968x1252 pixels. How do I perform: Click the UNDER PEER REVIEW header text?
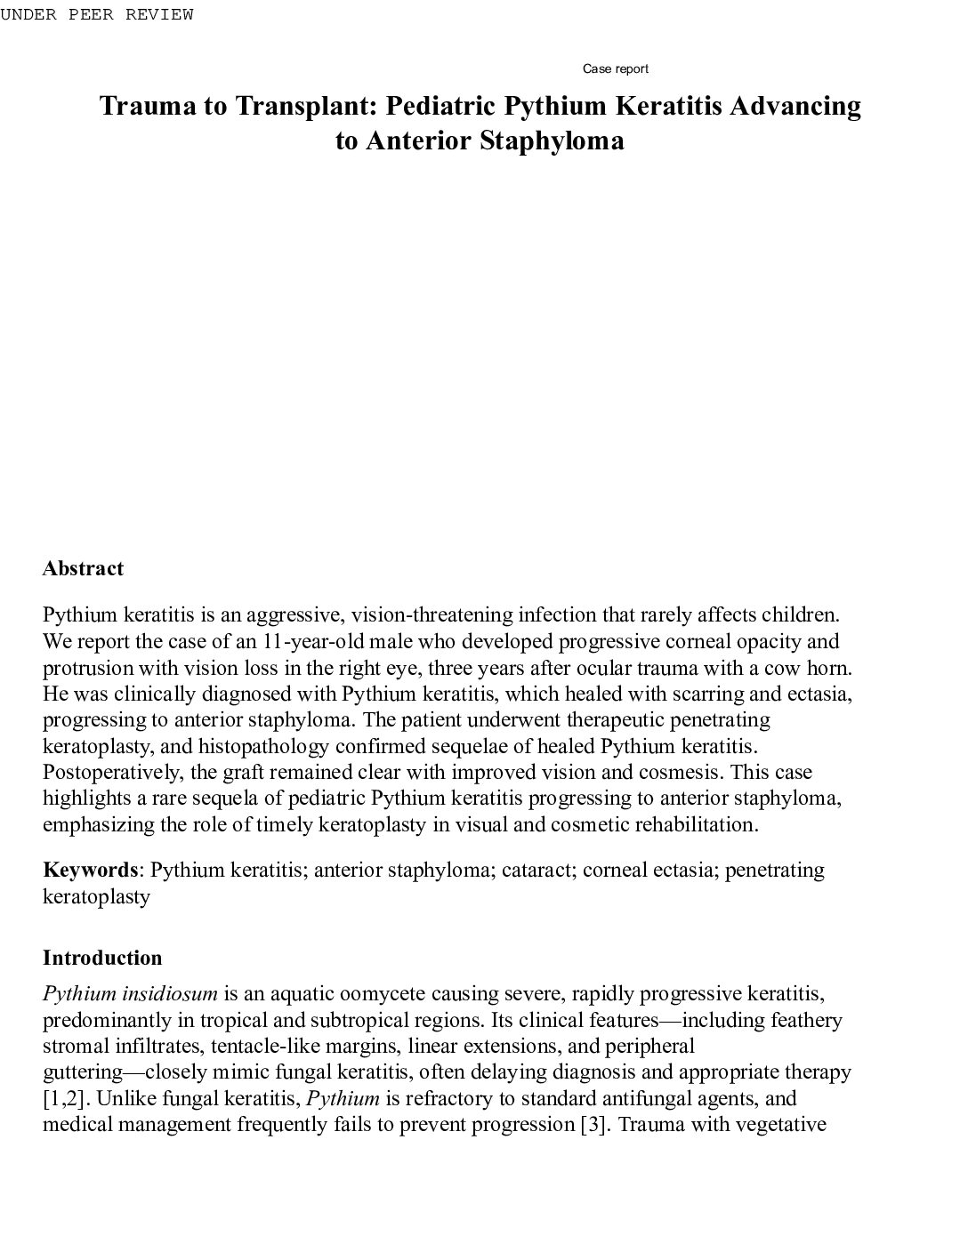coord(96,15)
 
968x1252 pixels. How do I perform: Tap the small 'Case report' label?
coord(615,68)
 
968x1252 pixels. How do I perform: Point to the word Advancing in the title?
coord(795,106)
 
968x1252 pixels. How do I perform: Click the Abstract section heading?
coord(83,568)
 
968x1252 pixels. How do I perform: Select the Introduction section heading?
coord(102,958)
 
